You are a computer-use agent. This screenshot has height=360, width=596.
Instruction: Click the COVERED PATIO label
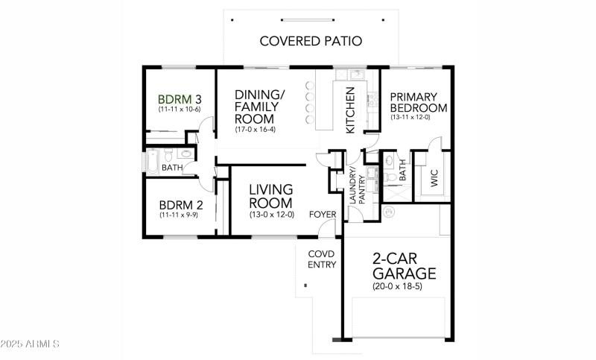click(x=311, y=41)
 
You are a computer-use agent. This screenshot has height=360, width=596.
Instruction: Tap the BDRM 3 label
click(x=180, y=98)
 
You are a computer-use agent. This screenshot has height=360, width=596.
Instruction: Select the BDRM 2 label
click(x=180, y=205)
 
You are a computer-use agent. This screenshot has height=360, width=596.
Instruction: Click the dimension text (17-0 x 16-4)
click(x=257, y=130)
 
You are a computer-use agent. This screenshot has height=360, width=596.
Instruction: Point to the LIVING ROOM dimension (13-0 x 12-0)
click(x=272, y=215)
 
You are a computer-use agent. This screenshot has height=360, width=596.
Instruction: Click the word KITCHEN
click(x=350, y=110)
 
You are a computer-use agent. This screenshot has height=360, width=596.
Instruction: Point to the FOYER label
click(x=323, y=215)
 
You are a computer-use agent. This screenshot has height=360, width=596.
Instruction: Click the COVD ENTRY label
click(x=322, y=259)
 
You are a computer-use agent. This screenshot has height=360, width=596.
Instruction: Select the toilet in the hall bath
click(x=169, y=155)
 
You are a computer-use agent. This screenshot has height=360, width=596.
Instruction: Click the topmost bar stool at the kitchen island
click(x=308, y=85)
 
